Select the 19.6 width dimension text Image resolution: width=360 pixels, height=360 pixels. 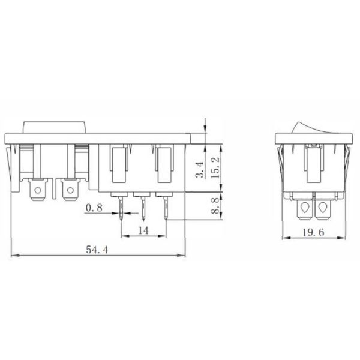[x=313, y=232]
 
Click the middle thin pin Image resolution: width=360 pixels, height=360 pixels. [x=143, y=208]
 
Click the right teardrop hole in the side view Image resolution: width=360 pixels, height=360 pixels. [x=324, y=208]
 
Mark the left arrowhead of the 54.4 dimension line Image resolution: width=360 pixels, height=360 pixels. [x=15, y=255]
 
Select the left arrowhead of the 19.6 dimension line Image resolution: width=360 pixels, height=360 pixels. [x=284, y=238]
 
